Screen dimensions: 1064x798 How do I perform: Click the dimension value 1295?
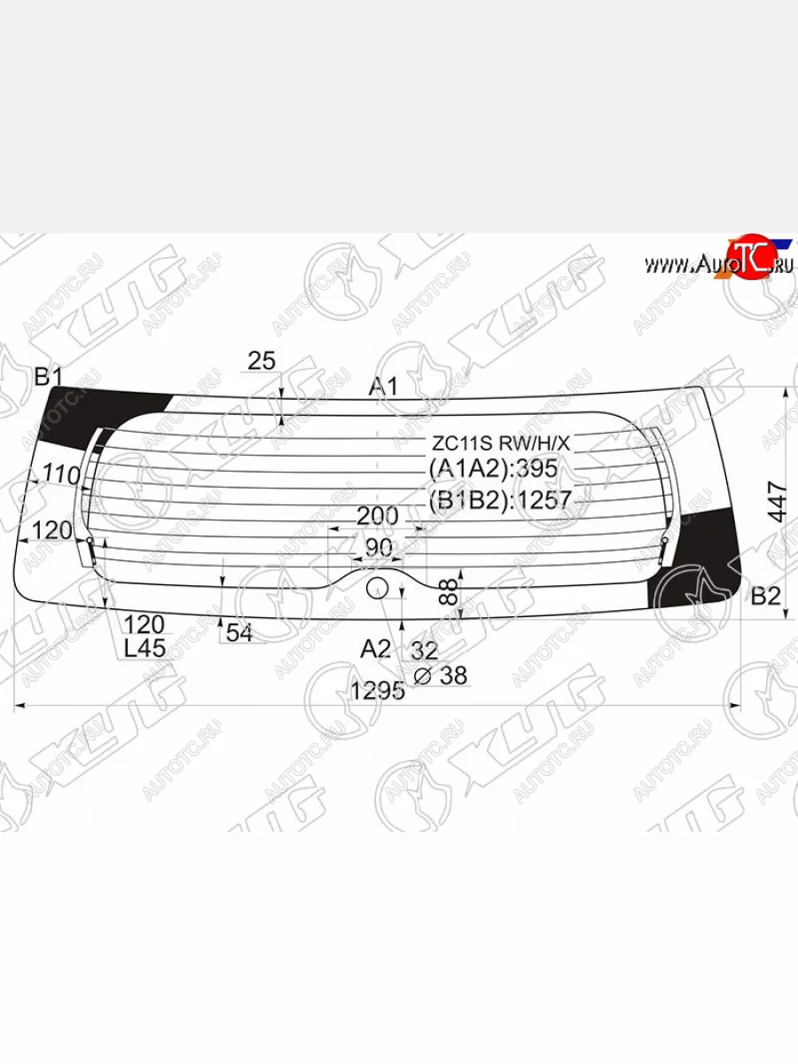(378, 690)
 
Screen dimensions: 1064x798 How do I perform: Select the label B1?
(48, 377)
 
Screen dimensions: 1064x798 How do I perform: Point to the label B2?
(765, 596)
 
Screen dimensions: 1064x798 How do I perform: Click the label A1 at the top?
(384, 386)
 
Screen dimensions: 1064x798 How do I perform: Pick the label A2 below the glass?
(375, 649)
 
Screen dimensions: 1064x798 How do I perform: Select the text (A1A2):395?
(493, 469)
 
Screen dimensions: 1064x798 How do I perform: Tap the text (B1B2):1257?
(500, 500)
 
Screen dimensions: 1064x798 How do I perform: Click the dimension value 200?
(377, 515)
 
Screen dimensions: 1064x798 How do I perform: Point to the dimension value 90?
(378, 548)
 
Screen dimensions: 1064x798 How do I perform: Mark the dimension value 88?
(450, 591)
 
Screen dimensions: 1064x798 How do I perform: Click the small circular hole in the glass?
(378, 586)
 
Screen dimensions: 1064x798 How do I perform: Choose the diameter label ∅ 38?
(441, 676)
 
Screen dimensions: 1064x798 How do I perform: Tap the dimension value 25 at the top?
(262, 360)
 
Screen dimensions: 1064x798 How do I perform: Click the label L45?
(144, 648)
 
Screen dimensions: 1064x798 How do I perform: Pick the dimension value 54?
(239, 632)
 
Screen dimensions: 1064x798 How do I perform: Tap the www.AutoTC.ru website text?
(718, 263)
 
